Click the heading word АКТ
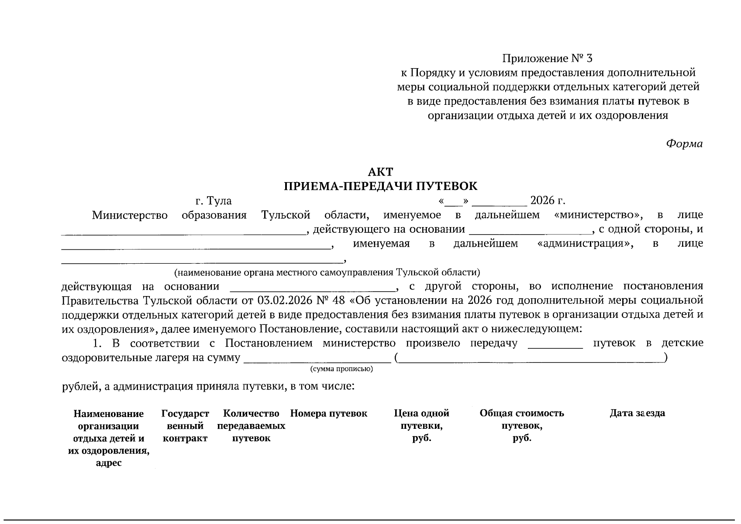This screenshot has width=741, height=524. click(x=380, y=172)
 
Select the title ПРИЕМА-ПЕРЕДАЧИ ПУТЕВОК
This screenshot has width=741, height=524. click(x=380, y=186)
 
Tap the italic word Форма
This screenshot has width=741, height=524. click(x=684, y=144)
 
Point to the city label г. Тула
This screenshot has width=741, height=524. click(x=214, y=201)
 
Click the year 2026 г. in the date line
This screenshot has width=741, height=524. click(x=548, y=201)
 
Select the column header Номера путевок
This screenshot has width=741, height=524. click(x=328, y=414)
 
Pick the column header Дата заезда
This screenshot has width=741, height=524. click(x=637, y=414)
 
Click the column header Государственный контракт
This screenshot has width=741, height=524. click(x=185, y=426)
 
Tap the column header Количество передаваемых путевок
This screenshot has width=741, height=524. click(x=251, y=426)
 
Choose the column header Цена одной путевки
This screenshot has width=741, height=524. click(x=421, y=426)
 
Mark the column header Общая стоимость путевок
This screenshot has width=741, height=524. click(x=522, y=426)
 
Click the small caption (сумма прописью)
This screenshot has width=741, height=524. click(x=341, y=369)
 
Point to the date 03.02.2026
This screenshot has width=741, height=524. click(x=284, y=301)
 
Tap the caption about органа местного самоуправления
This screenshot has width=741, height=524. click(x=327, y=273)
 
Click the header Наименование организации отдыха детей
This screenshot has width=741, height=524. click(x=109, y=438)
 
